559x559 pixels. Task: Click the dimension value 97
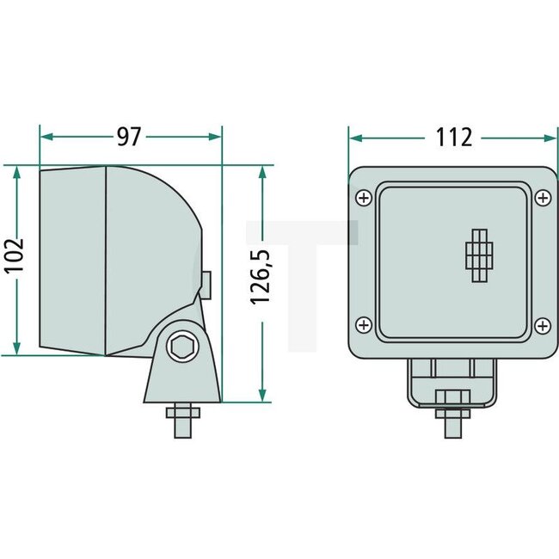(x=130, y=136)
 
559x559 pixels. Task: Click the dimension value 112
(x=454, y=136)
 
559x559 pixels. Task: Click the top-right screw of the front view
(x=542, y=199)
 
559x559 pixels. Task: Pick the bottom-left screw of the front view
(x=363, y=325)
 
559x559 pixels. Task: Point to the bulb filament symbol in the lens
(x=480, y=256)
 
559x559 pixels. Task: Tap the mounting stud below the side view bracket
(x=182, y=420)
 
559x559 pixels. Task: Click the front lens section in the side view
(x=72, y=260)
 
